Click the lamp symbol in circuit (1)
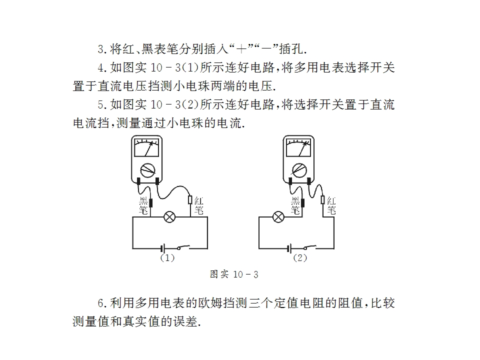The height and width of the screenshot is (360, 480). click(x=169, y=217)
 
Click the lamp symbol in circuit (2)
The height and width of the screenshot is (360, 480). click(x=278, y=217)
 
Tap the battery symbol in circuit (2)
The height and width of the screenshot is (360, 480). click(x=289, y=248)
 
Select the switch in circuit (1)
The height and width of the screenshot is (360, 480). click(x=183, y=247)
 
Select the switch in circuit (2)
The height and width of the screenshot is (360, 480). click(x=309, y=247)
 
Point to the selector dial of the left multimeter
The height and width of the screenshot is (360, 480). click(x=147, y=170)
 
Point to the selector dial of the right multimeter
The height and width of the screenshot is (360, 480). click(x=299, y=170)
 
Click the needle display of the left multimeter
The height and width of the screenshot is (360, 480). click(x=147, y=147)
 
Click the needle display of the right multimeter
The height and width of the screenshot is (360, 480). click(x=299, y=147)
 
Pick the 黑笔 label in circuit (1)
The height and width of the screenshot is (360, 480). click(x=143, y=205)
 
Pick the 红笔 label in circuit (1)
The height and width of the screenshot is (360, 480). click(x=199, y=205)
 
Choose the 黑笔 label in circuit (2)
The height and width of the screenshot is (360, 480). click(x=295, y=205)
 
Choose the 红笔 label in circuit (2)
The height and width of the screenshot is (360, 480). click(x=331, y=205)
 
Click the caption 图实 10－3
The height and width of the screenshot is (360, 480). click(x=234, y=274)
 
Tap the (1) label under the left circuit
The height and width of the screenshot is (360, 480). click(x=167, y=258)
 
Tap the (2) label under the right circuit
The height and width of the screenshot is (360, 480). click(x=300, y=258)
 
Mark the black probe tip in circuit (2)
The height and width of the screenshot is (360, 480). click(x=302, y=202)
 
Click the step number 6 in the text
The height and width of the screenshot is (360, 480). click(x=101, y=303)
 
